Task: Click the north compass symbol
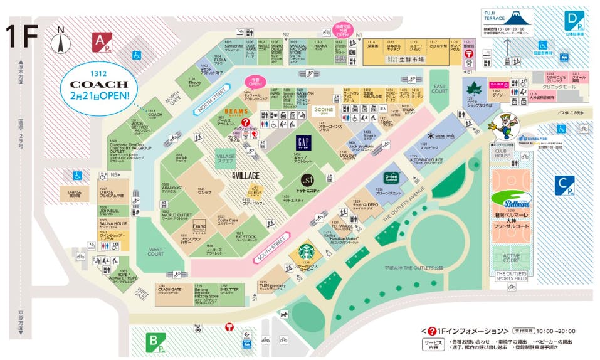pyautogui.click(x=60, y=42)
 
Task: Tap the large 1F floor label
pyautogui.click(x=22, y=37)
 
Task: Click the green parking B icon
pyautogui.click(x=155, y=342)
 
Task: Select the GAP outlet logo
pyautogui.click(x=304, y=144)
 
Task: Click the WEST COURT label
pyautogui.click(x=155, y=252)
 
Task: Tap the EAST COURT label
pyautogui.click(x=439, y=90)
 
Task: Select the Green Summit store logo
pyautogui.click(x=392, y=177)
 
